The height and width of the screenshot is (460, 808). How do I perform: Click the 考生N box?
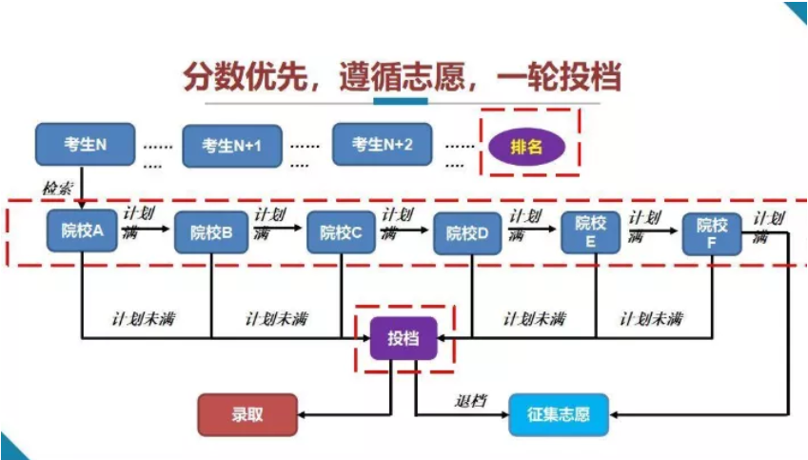(x=85, y=145)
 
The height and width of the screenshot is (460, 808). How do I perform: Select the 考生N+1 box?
(x=232, y=146)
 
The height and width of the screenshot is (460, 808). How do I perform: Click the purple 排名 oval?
(x=526, y=147)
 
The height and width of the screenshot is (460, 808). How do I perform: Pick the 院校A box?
(x=82, y=230)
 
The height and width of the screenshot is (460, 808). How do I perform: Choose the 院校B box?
(x=211, y=231)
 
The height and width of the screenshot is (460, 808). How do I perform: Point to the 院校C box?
(x=341, y=231)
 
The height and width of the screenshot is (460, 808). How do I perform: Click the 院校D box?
(x=467, y=232)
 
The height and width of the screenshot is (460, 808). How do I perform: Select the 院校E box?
(x=590, y=232)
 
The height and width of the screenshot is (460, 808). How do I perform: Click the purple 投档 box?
(x=404, y=337)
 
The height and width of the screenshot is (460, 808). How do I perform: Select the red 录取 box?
(x=247, y=415)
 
